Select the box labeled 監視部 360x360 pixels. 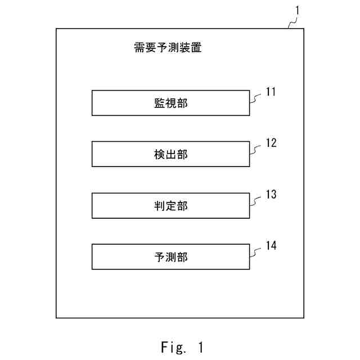[170, 103]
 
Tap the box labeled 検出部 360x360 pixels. [170, 154]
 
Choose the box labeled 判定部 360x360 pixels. [170, 205]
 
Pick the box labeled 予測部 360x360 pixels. [170, 257]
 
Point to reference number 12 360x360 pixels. [271, 143]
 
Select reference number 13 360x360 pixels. [271, 195]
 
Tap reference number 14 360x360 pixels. [271, 246]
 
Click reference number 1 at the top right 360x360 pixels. [298, 10]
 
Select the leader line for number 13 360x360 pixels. [256, 201]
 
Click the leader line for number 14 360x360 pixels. [256, 252]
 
